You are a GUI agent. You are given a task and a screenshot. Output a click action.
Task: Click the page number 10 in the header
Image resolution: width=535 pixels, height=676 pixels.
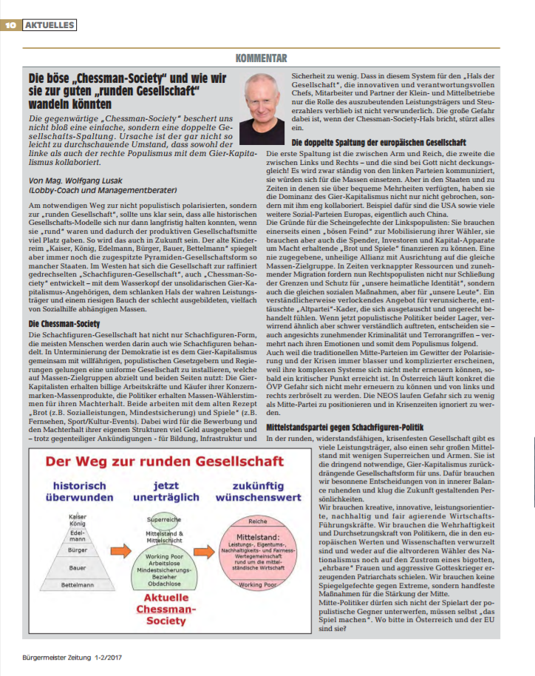[11, 25]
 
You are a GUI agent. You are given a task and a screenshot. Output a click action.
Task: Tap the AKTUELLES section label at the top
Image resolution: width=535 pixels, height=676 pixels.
[50, 25]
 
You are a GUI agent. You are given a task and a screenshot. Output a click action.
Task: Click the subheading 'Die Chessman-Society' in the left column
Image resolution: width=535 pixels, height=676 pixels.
[64, 303]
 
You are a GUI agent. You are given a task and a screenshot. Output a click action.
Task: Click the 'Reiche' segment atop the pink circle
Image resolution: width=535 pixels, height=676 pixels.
[257, 521]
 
